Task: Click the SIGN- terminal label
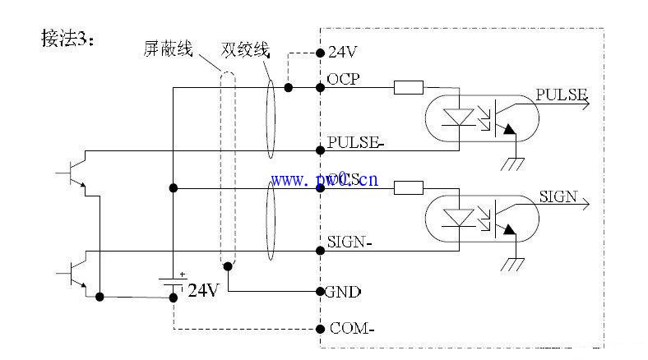350,242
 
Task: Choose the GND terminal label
345,291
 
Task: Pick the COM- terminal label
352,328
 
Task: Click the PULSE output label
561,95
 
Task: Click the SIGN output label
558,196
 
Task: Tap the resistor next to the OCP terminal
409,87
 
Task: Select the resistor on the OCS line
409,188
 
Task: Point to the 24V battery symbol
173,284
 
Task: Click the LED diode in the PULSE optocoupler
455,118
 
